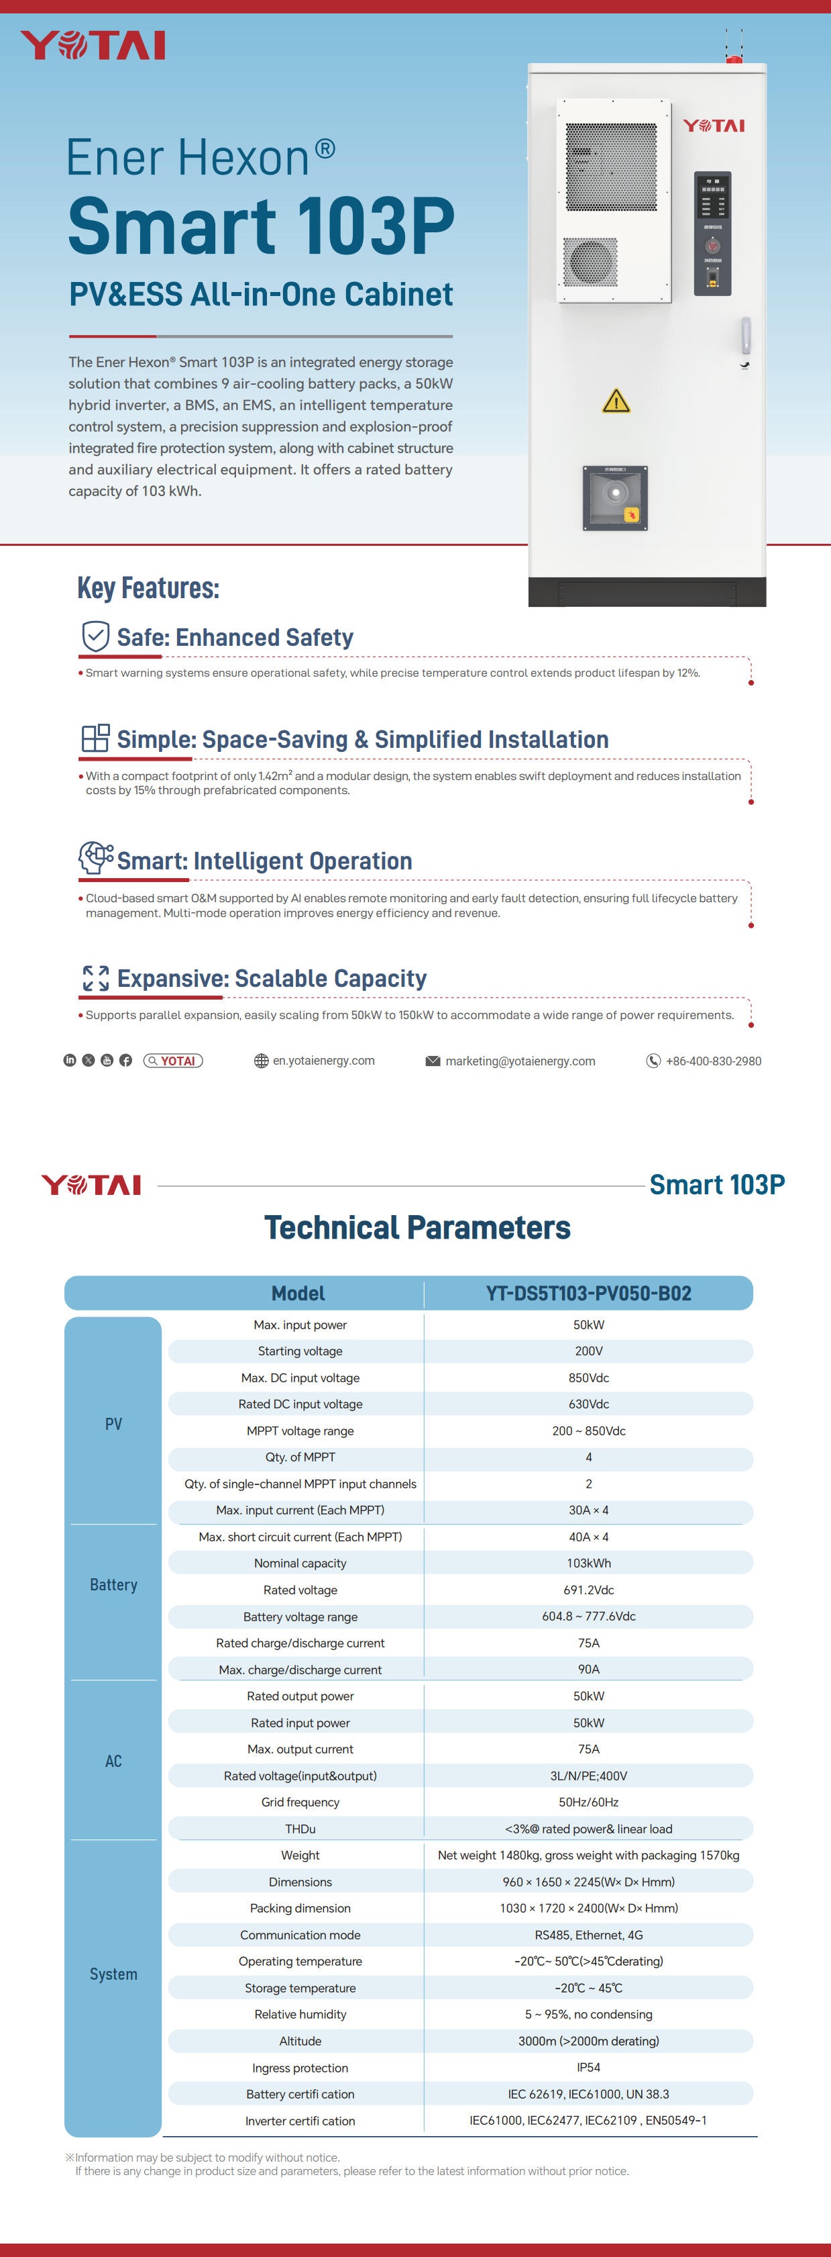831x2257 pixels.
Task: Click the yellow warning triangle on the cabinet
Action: pyautogui.click(x=616, y=401)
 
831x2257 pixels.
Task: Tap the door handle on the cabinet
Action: pyautogui.click(x=745, y=336)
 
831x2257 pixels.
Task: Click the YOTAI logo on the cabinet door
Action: pyautogui.click(x=714, y=126)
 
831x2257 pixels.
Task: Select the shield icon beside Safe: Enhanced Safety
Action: pyautogui.click(x=95, y=636)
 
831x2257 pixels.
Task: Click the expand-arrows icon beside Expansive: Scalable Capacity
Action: pyautogui.click(x=95, y=978)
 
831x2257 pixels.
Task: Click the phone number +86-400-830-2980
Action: pyautogui.click(x=713, y=1061)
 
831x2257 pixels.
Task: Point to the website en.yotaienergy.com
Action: pyautogui.click(x=323, y=1061)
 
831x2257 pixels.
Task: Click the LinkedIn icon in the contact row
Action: pyautogui.click(x=70, y=1060)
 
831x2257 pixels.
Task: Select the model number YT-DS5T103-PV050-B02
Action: pyautogui.click(x=588, y=1293)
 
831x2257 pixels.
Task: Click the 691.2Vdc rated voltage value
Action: pyautogui.click(x=588, y=1589)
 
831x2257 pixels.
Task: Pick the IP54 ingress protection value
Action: pyautogui.click(x=588, y=2068)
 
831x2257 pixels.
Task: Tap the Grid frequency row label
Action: pyautogui.click(x=300, y=1803)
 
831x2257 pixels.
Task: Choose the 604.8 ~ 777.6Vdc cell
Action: pyautogui.click(x=588, y=1617)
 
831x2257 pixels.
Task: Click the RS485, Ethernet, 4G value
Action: pyautogui.click(x=588, y=1935)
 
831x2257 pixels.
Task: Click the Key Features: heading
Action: pyautogui.click(x=148, y=588)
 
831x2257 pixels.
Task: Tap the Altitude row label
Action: pyautogui.click(x=300, y=2041)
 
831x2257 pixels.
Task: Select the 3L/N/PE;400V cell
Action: pyautogui.click(x=588, y=1776)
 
